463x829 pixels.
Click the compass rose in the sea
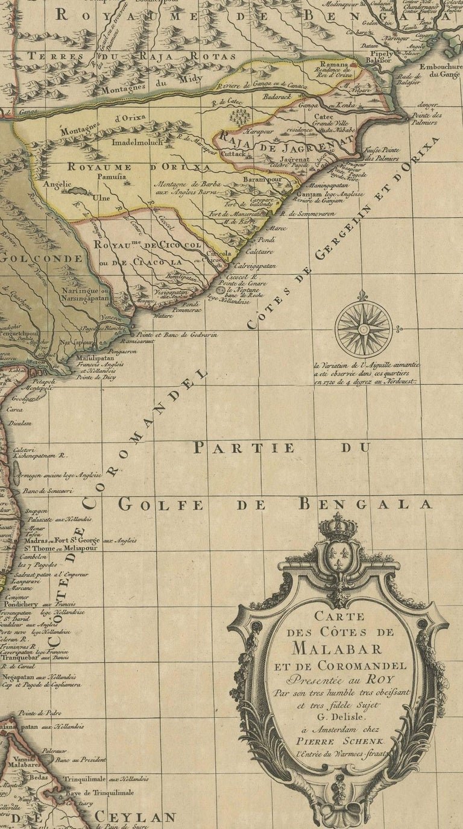coord(364,329)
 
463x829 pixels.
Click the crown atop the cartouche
coord(338,527)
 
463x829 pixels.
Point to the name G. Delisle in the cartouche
coord(338,716)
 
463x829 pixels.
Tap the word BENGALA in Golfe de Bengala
coord(367,504)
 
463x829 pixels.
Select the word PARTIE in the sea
coord(244,448)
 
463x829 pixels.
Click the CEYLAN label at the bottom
coord(135,818)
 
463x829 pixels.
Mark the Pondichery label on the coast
coord(28,604)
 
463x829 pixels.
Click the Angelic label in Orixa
coord(57,184)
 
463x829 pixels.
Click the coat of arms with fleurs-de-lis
coord(338,558)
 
